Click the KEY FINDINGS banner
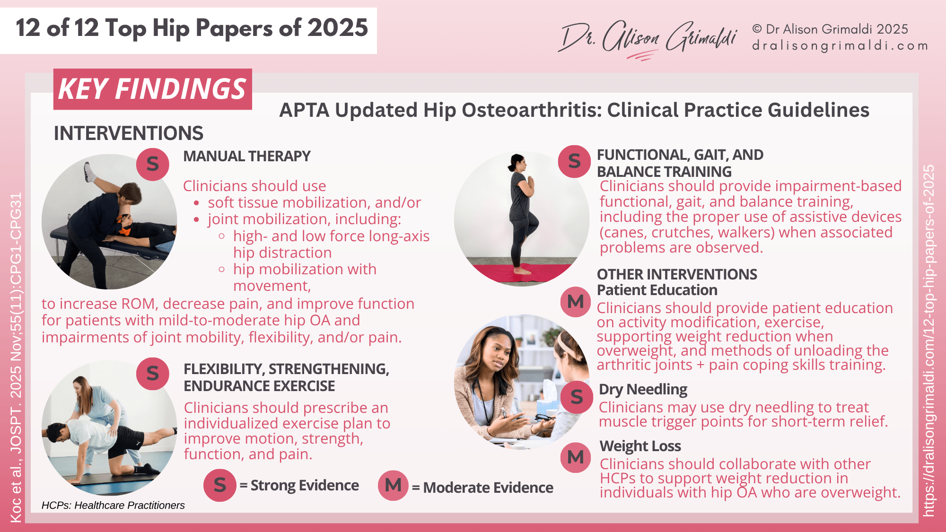(152, 89)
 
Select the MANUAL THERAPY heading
(247, 156)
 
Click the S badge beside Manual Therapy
(152, 164)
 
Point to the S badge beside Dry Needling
(577, 397)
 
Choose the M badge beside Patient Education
(576, 302)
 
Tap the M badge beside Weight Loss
(576, 457)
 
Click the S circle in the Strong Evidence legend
(220, 485)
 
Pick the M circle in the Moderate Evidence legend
(393, 485)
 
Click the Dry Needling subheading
(643, 389)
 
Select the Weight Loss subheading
(640, 446)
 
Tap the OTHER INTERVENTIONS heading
(677, 274)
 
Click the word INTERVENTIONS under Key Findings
(129, 133)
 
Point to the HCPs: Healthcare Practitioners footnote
(113, 505)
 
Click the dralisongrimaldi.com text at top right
(840, 46)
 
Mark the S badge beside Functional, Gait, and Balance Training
(574, 161)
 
